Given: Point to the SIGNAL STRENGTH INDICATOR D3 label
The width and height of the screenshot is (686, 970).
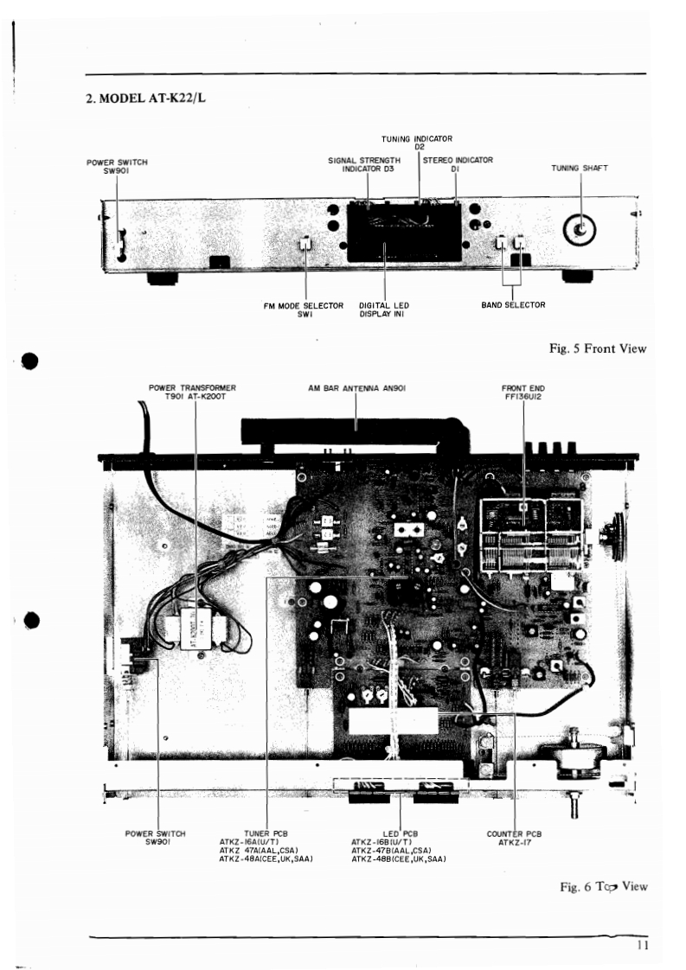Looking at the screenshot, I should pos(364,164).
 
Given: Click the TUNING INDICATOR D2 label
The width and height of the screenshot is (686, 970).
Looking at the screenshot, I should pos(417,143).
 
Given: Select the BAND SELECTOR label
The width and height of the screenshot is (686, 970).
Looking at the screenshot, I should pos(512,305).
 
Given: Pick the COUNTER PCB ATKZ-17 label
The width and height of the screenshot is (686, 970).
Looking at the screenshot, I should pos(515,838).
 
